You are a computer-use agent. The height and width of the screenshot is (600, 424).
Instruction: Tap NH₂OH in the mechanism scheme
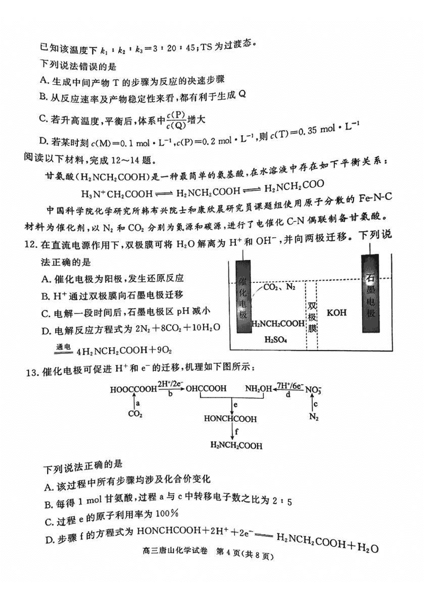click(258, 389)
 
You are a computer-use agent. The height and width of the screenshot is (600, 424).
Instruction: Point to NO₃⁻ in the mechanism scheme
click(314, 389)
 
